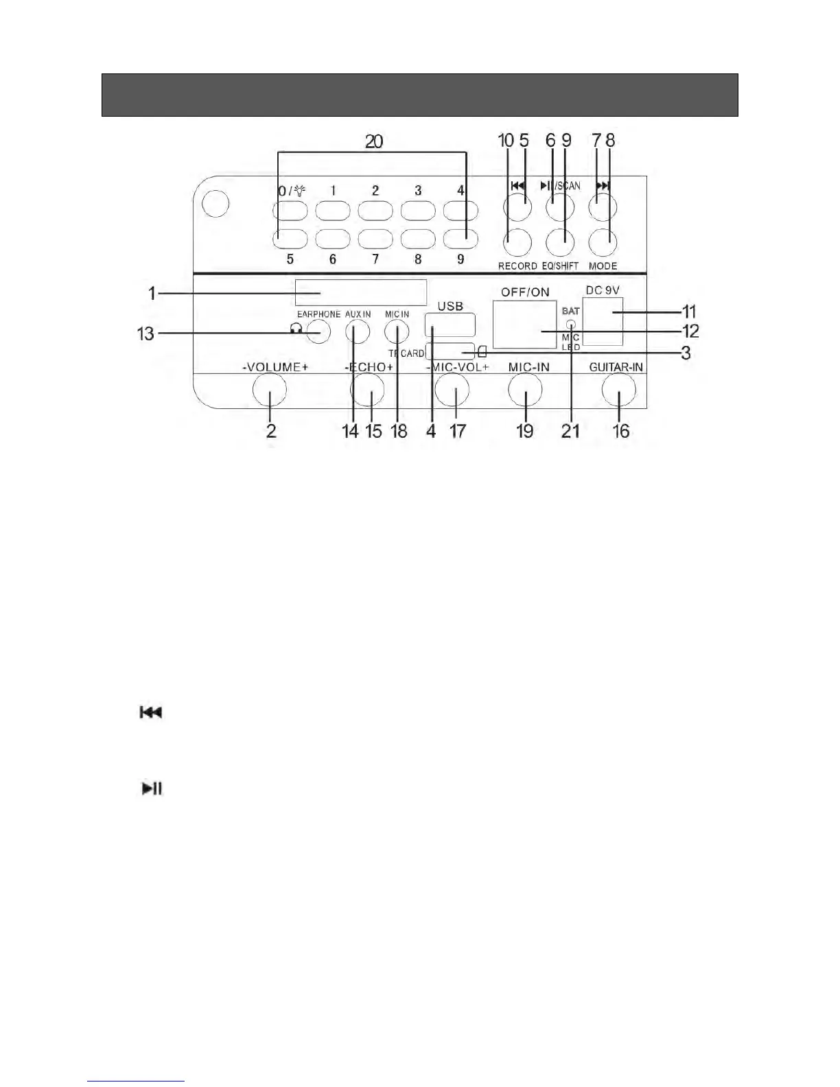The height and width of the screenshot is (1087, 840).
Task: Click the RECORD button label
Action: click(517, 266)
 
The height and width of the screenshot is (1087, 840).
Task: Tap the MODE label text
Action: click(603, 266)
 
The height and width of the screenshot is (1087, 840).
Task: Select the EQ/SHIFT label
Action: click(560, 266)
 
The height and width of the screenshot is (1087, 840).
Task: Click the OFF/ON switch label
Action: click(525, 292)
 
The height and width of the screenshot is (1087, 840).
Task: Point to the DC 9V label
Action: click(603, 290)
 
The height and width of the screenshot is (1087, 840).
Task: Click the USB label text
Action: click(450, 306)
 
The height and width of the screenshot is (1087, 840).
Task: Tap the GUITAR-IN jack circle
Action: click(619, 390)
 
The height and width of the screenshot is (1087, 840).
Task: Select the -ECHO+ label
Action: click(369, 367)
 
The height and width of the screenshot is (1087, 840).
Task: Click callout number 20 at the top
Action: click(374, 142)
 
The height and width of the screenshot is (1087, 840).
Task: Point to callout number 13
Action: click(146, 334)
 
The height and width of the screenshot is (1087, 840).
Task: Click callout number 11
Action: click(689, 312)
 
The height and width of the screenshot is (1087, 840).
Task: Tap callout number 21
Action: click(570, 431)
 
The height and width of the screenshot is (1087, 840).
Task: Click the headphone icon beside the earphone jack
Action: click(296, 329)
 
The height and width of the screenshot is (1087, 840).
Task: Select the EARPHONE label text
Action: click(318, 314)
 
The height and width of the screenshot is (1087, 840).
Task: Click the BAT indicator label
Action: click(571, 311)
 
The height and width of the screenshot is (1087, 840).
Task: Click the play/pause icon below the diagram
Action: click(152, 788)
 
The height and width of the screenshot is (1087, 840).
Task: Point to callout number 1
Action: click(152, 293)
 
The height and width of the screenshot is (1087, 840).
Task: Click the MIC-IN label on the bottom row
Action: click(528, 367)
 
